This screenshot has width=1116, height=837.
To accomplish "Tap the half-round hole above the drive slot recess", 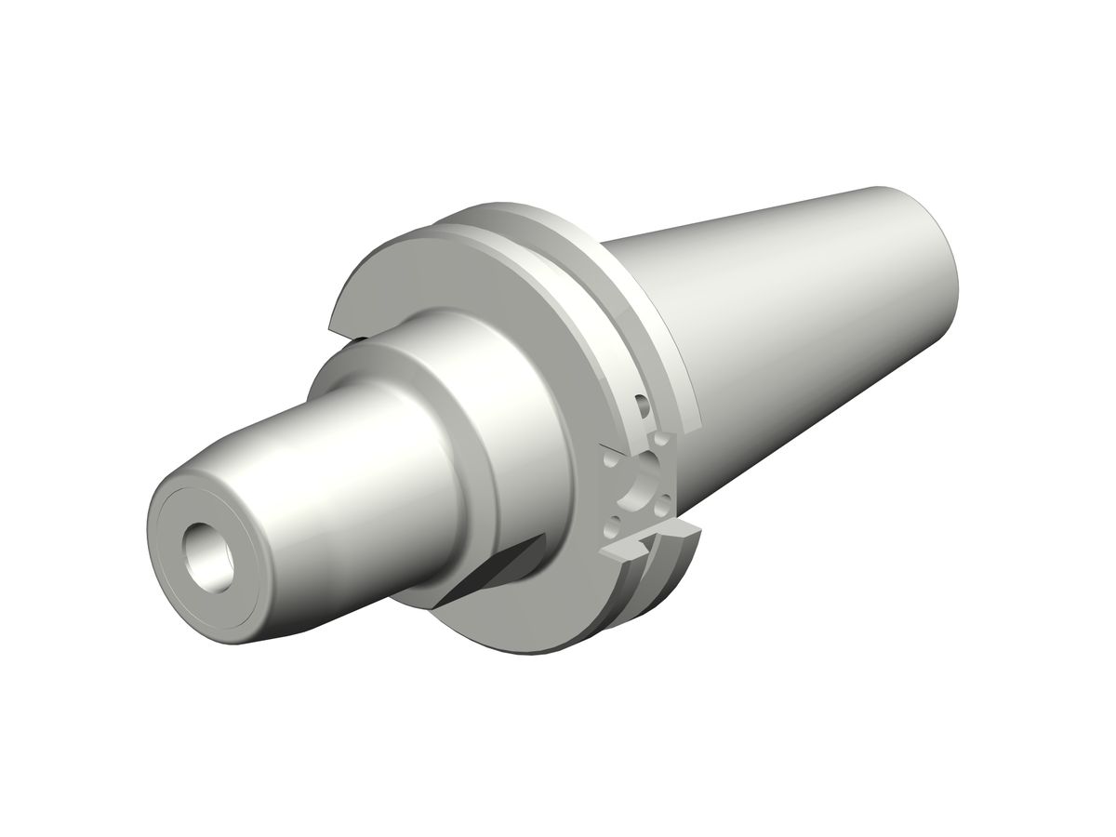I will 641,405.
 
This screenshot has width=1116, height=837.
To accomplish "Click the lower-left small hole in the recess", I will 611,527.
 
